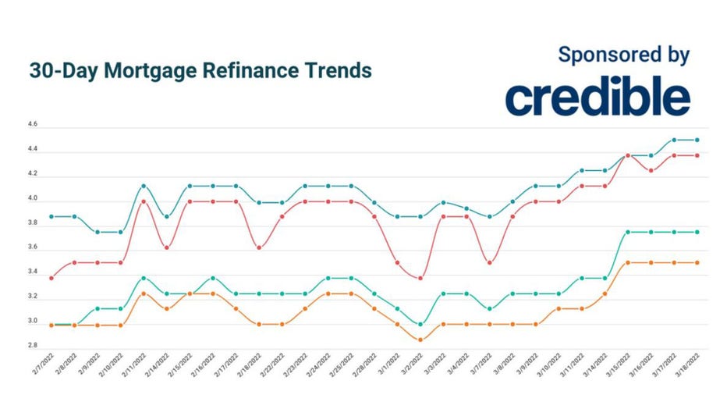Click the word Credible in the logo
point(598,96)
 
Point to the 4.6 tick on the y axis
point(32,125)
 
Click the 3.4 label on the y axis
point(32,272)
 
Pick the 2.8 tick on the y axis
point(32,344)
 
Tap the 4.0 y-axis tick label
point(32,198)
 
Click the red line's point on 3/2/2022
point(420,278)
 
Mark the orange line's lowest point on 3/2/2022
point(420,340)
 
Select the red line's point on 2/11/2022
point(144,201)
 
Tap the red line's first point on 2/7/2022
point(51,278)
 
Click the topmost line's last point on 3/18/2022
point(697,140)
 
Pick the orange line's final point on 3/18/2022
point(697,263)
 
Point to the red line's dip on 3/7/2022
point(489,262)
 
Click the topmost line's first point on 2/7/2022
point(51,216)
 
